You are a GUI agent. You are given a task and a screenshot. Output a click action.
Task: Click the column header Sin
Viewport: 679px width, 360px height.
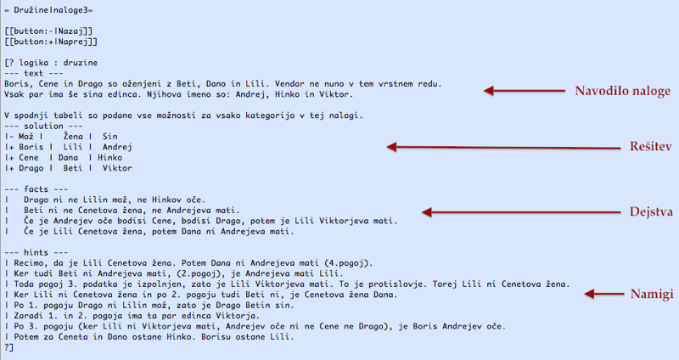click(x=109, y=136)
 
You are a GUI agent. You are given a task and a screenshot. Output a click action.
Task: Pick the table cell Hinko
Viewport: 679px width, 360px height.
click(x=110, y=157)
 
